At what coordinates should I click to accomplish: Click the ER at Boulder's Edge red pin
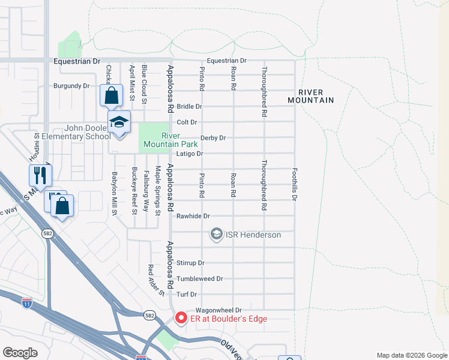click(179, 318)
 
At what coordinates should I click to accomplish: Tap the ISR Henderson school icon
click(216, 235)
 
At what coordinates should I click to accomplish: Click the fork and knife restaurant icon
click(40, 175)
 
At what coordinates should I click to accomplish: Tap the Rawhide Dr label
click(193, 216)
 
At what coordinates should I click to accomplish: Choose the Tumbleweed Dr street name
click(200, 279)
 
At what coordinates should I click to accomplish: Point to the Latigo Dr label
click(191, 154)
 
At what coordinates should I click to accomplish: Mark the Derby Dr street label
click(212, 138)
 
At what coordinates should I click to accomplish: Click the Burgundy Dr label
click(71, 86)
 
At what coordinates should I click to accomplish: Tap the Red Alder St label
click(156, 280)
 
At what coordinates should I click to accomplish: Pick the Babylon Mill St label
click(113, 193)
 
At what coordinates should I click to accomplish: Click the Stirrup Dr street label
click(191, 263)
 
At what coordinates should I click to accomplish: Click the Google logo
click(20, 353)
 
